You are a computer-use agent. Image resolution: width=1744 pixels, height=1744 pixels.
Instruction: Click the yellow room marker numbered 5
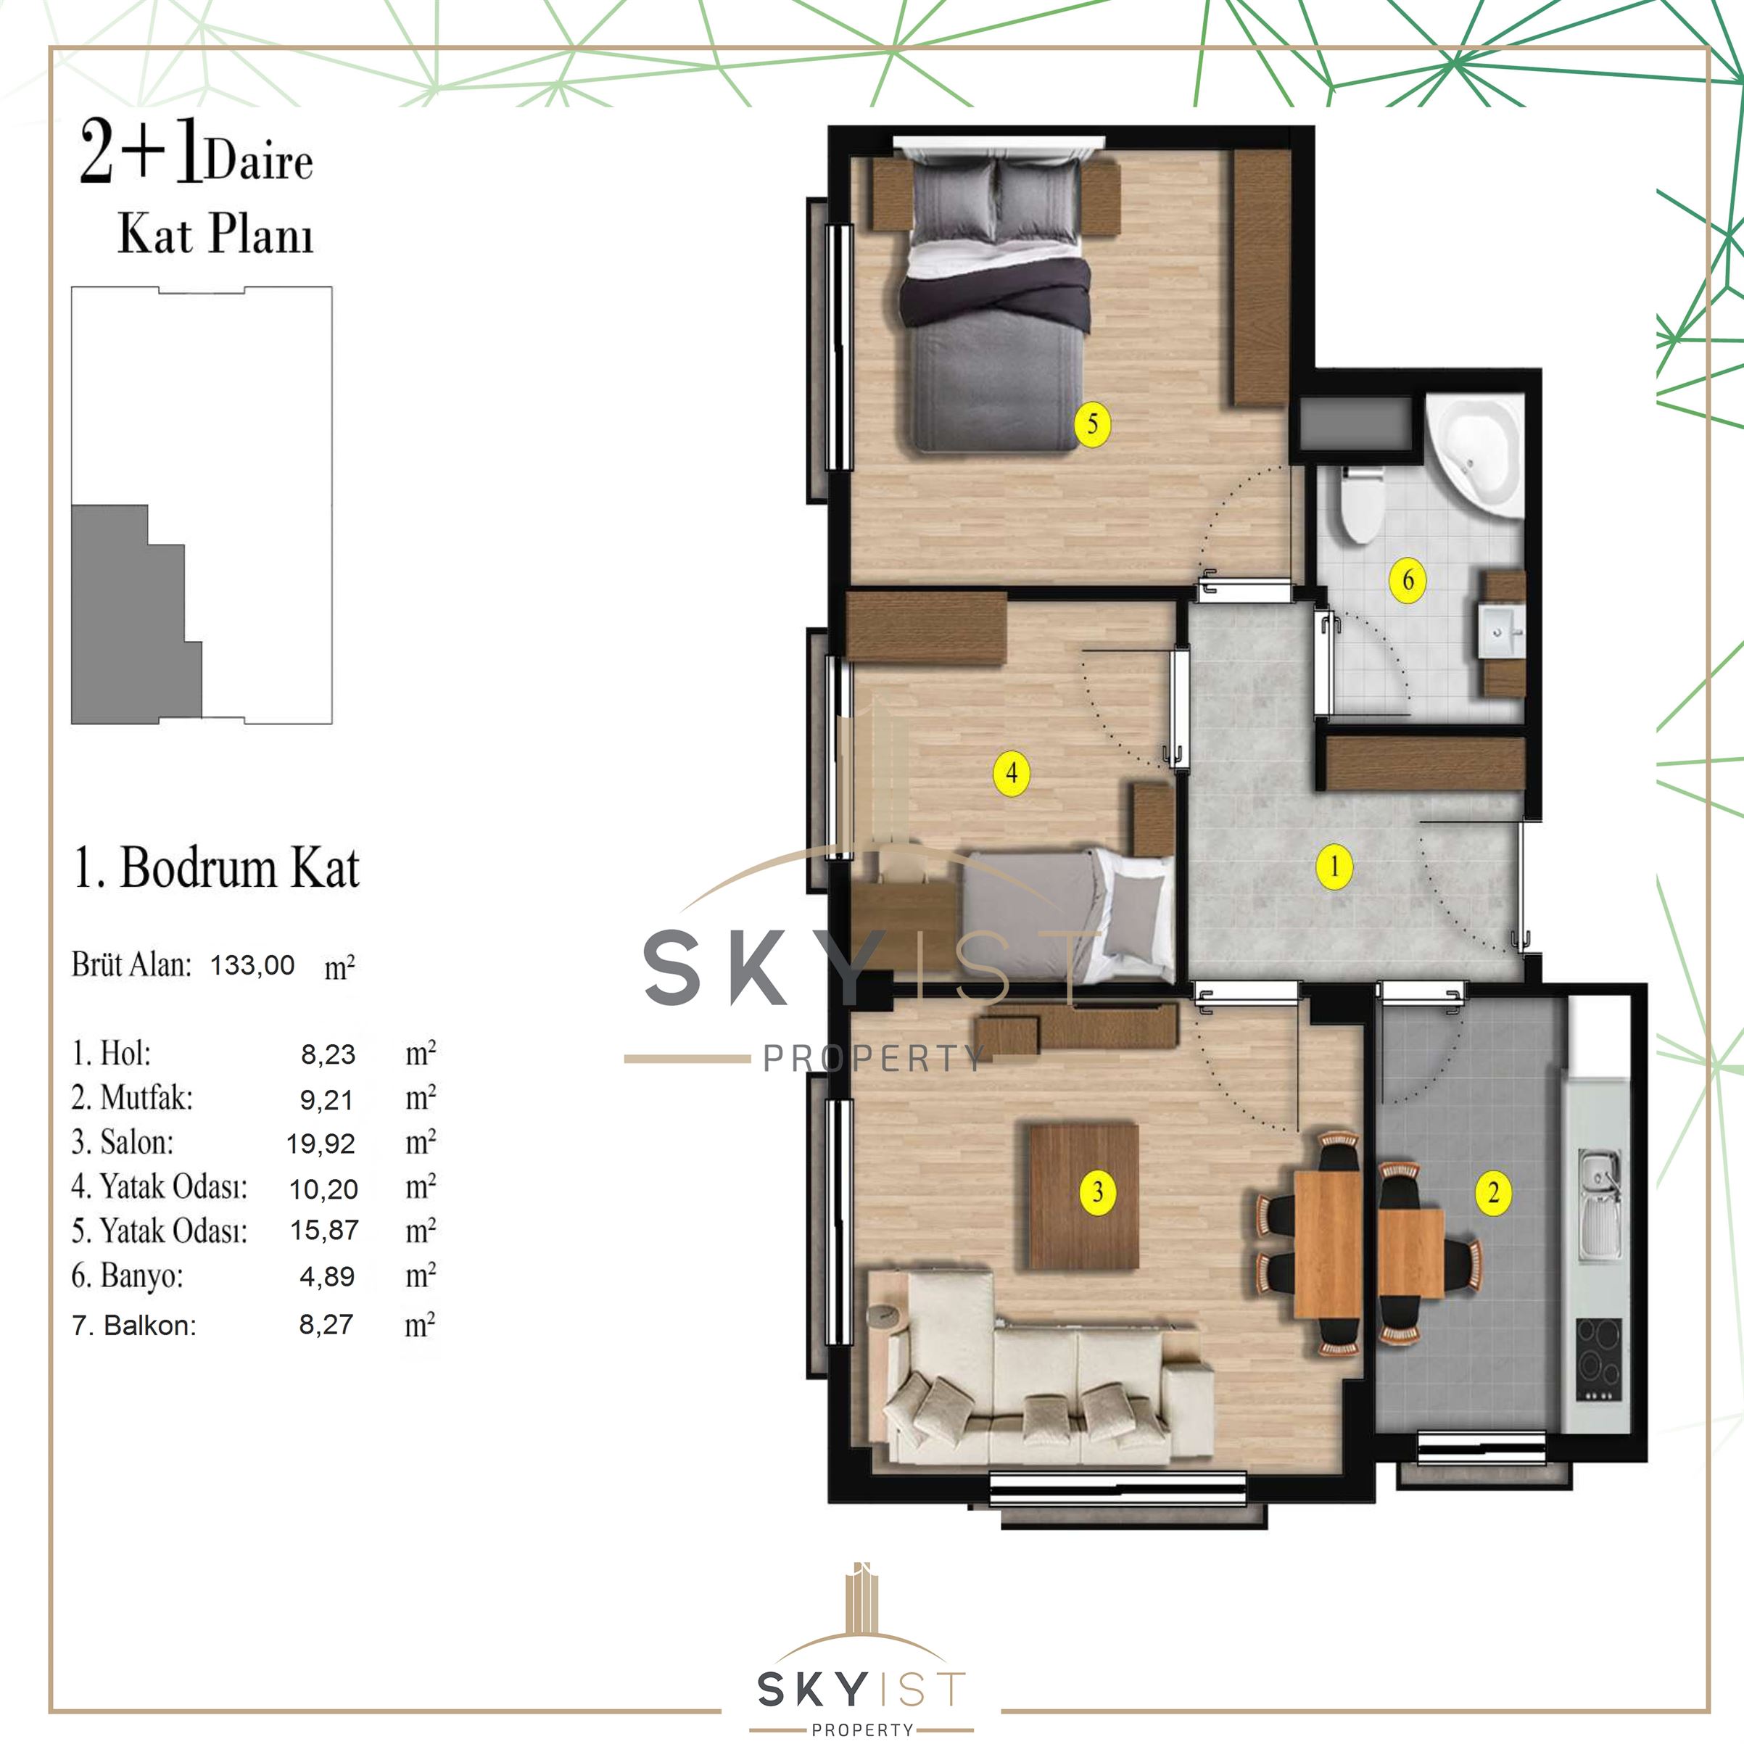(1092, 423)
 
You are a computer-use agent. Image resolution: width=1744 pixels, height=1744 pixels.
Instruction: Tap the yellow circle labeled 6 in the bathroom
(1408, 579)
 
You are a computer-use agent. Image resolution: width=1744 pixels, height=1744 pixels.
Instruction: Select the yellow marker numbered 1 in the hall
(1334, 867)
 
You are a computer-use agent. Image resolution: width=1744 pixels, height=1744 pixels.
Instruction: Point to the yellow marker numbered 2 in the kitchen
(1493, 1192)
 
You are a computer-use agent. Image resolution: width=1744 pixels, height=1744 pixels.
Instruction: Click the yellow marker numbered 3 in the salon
(1098, 1192)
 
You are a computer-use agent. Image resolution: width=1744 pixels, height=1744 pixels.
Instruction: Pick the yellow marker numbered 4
(1011, 774)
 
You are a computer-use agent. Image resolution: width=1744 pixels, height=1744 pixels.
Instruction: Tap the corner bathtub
(1475, 457)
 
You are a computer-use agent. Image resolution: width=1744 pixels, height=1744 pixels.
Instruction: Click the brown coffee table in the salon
(1084, 1195)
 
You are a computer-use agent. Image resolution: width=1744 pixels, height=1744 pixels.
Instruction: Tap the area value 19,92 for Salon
(321, 1144)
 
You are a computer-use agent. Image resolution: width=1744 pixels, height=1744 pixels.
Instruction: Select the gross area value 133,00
(253, 965)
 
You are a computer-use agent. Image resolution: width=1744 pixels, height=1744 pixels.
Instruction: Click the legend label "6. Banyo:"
(128, 1276)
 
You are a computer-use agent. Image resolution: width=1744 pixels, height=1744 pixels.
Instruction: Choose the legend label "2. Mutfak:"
(132, 1098)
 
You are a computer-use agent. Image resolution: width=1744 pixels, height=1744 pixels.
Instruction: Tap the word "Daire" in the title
(259, 162)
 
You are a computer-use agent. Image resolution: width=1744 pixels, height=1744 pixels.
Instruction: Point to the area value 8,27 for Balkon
(326, 1324)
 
